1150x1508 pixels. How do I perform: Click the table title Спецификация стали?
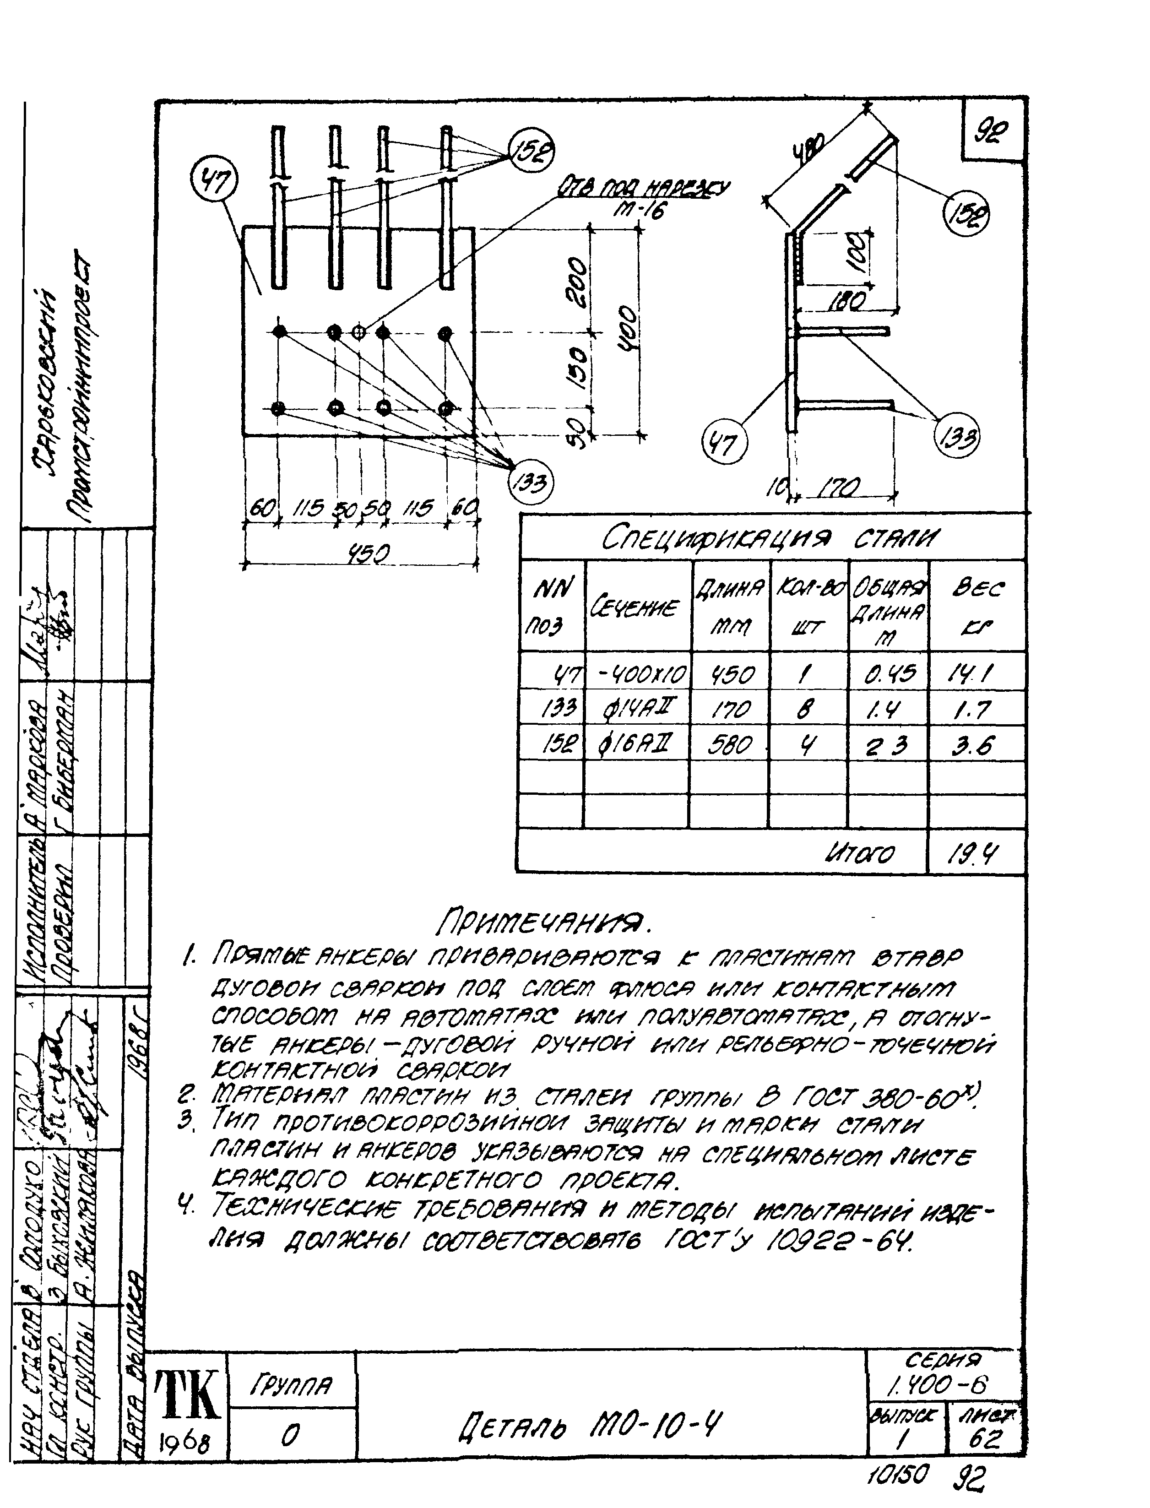770,539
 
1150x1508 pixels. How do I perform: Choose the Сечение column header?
637,607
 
